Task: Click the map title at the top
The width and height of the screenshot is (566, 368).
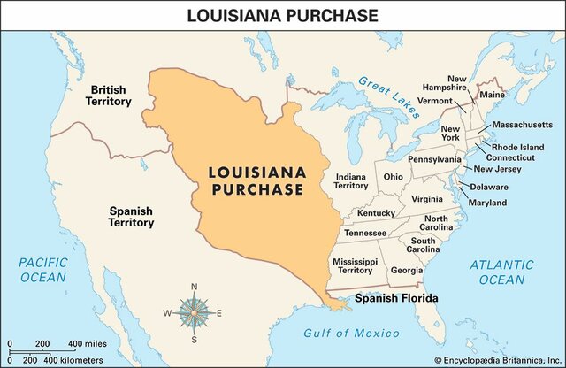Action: [x=283, y=14]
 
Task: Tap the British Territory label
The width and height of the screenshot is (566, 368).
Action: [x=110, y=96]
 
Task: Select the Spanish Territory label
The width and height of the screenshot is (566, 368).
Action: [x=131, y=218]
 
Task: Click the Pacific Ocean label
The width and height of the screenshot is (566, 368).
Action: [x=42, y=270]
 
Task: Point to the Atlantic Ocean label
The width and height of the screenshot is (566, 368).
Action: [x=501, y=272]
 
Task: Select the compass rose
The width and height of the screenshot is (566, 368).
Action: [x=194, y=312]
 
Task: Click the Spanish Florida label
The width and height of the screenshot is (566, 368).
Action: [x=396, y=299]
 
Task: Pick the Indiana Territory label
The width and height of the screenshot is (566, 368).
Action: [x=351, y=181]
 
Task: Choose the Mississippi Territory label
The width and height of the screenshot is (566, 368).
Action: [x=355, y=266]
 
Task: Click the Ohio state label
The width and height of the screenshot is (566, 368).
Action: [x=394, y=176]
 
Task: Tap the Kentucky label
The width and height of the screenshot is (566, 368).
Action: [x=376, y=213]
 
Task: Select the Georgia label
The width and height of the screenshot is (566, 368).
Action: [x=406, y=270]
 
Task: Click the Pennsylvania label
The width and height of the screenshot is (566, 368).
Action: [x=434, y=159]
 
